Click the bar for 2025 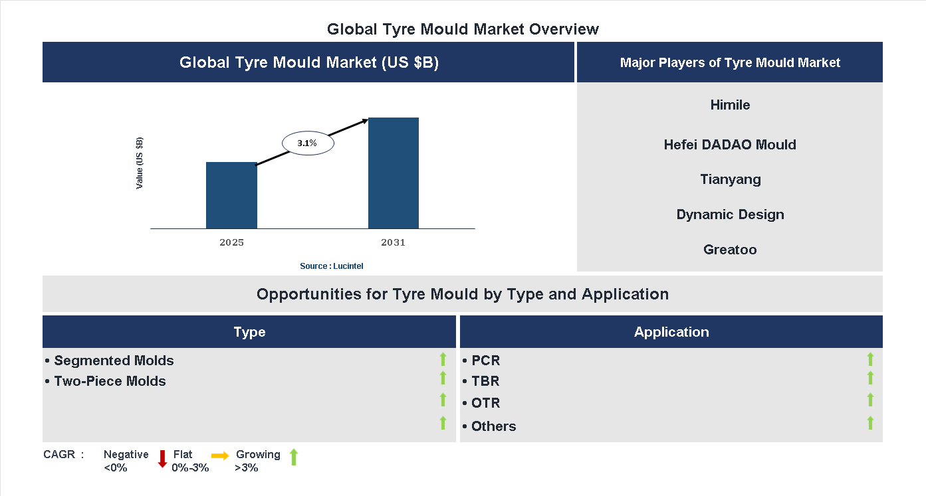[x=231, y=195]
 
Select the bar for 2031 [x=394, y=173]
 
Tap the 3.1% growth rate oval [x=308, y=143]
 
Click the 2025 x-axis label [x=231, y=242]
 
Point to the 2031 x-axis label [x=393, y=242]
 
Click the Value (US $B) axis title [x=140, y=163]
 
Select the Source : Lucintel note [x=331, y=266]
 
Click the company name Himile [x=730, y=105]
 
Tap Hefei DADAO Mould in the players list [x=730, y=145]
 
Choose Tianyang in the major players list [x=730, y=179]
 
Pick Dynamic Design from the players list [x=730, y=214]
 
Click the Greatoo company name [x=730, y=250]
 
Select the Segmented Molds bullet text [x=114, y=361]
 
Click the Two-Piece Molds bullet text [x=110, y=381]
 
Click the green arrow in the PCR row [x=870, y=359]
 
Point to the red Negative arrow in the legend [x=162, y=458]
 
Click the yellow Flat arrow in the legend [x=220, y=455]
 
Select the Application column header [x=671, y=332]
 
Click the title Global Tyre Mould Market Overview [x=463, y=29]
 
